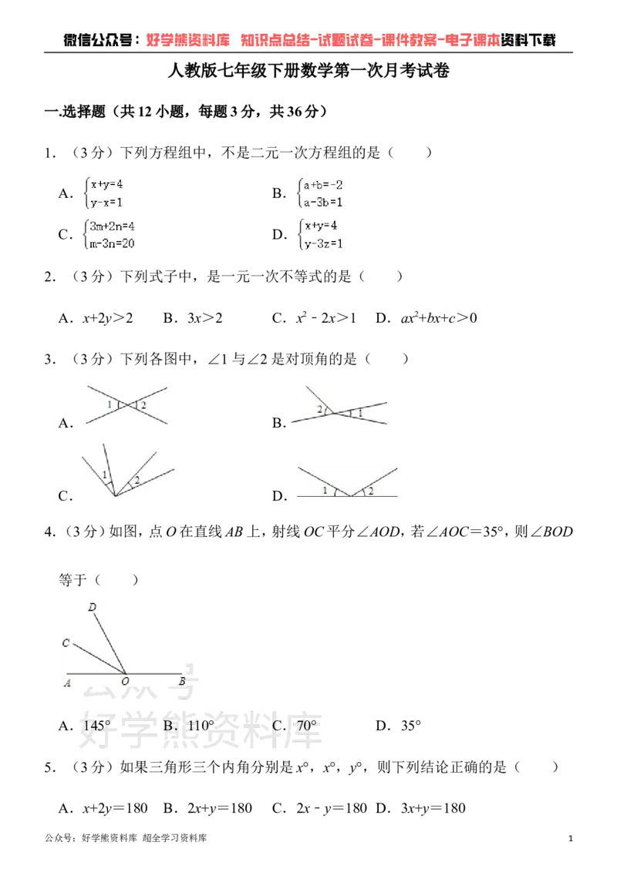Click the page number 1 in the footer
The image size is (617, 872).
[x=570, y=838]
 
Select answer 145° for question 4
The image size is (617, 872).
[x=97, y=726]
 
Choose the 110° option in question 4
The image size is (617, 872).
[x=201, y=726]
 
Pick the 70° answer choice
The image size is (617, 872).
[x=307, y=726]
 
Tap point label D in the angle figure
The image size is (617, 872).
[x=93, y=607]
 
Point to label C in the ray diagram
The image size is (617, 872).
[x=66, y=643]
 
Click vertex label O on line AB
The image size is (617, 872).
[x=125, y=681]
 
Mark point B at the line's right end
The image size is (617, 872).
[x=182, y=681]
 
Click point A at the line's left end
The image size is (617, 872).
[x=67, y=683]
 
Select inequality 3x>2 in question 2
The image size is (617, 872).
[x=205, y=318]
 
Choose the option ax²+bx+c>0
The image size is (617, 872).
[x=439, y=318]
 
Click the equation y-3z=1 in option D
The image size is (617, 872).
[x=323, y=243]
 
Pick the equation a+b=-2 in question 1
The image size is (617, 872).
[x=322, y=185]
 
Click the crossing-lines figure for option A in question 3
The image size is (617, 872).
[x=127, y=405]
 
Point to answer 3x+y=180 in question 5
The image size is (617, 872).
[x=433, y=808]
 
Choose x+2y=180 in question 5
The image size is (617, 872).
[x=115, y=808]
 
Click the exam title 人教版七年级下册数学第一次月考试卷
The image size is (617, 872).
[x=308, y=71]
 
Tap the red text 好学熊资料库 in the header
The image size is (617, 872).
[x=188, y=40]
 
